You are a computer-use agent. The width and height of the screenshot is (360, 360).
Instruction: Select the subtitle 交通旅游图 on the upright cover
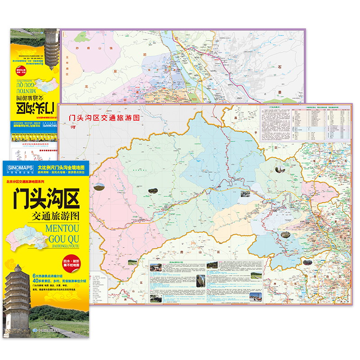[x=56, y=214]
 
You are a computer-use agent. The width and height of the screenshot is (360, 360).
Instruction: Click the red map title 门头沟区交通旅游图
[x=102, y=117]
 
